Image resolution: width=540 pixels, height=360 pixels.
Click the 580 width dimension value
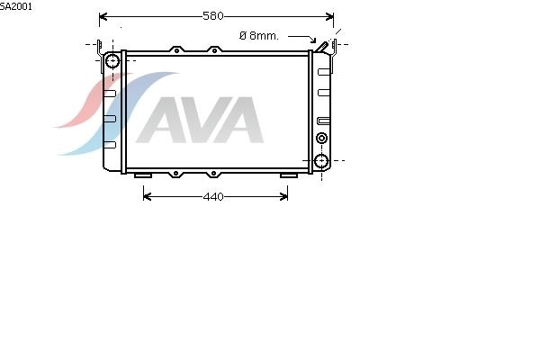(213, 16)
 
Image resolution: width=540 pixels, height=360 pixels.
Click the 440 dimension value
(213, 197)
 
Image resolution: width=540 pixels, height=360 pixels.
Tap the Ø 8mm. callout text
(258, 35)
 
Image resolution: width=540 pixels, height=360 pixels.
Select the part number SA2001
(16, 6)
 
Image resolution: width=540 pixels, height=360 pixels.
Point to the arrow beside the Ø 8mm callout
(303, 38)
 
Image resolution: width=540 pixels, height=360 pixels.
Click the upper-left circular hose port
(112, 61)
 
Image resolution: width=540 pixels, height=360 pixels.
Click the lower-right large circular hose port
(321, 161)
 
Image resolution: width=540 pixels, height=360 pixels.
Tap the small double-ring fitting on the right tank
(321, 138)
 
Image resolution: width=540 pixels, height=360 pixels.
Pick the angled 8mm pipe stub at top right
(322, 47)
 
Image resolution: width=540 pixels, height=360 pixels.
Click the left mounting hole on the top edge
(176, 50)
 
